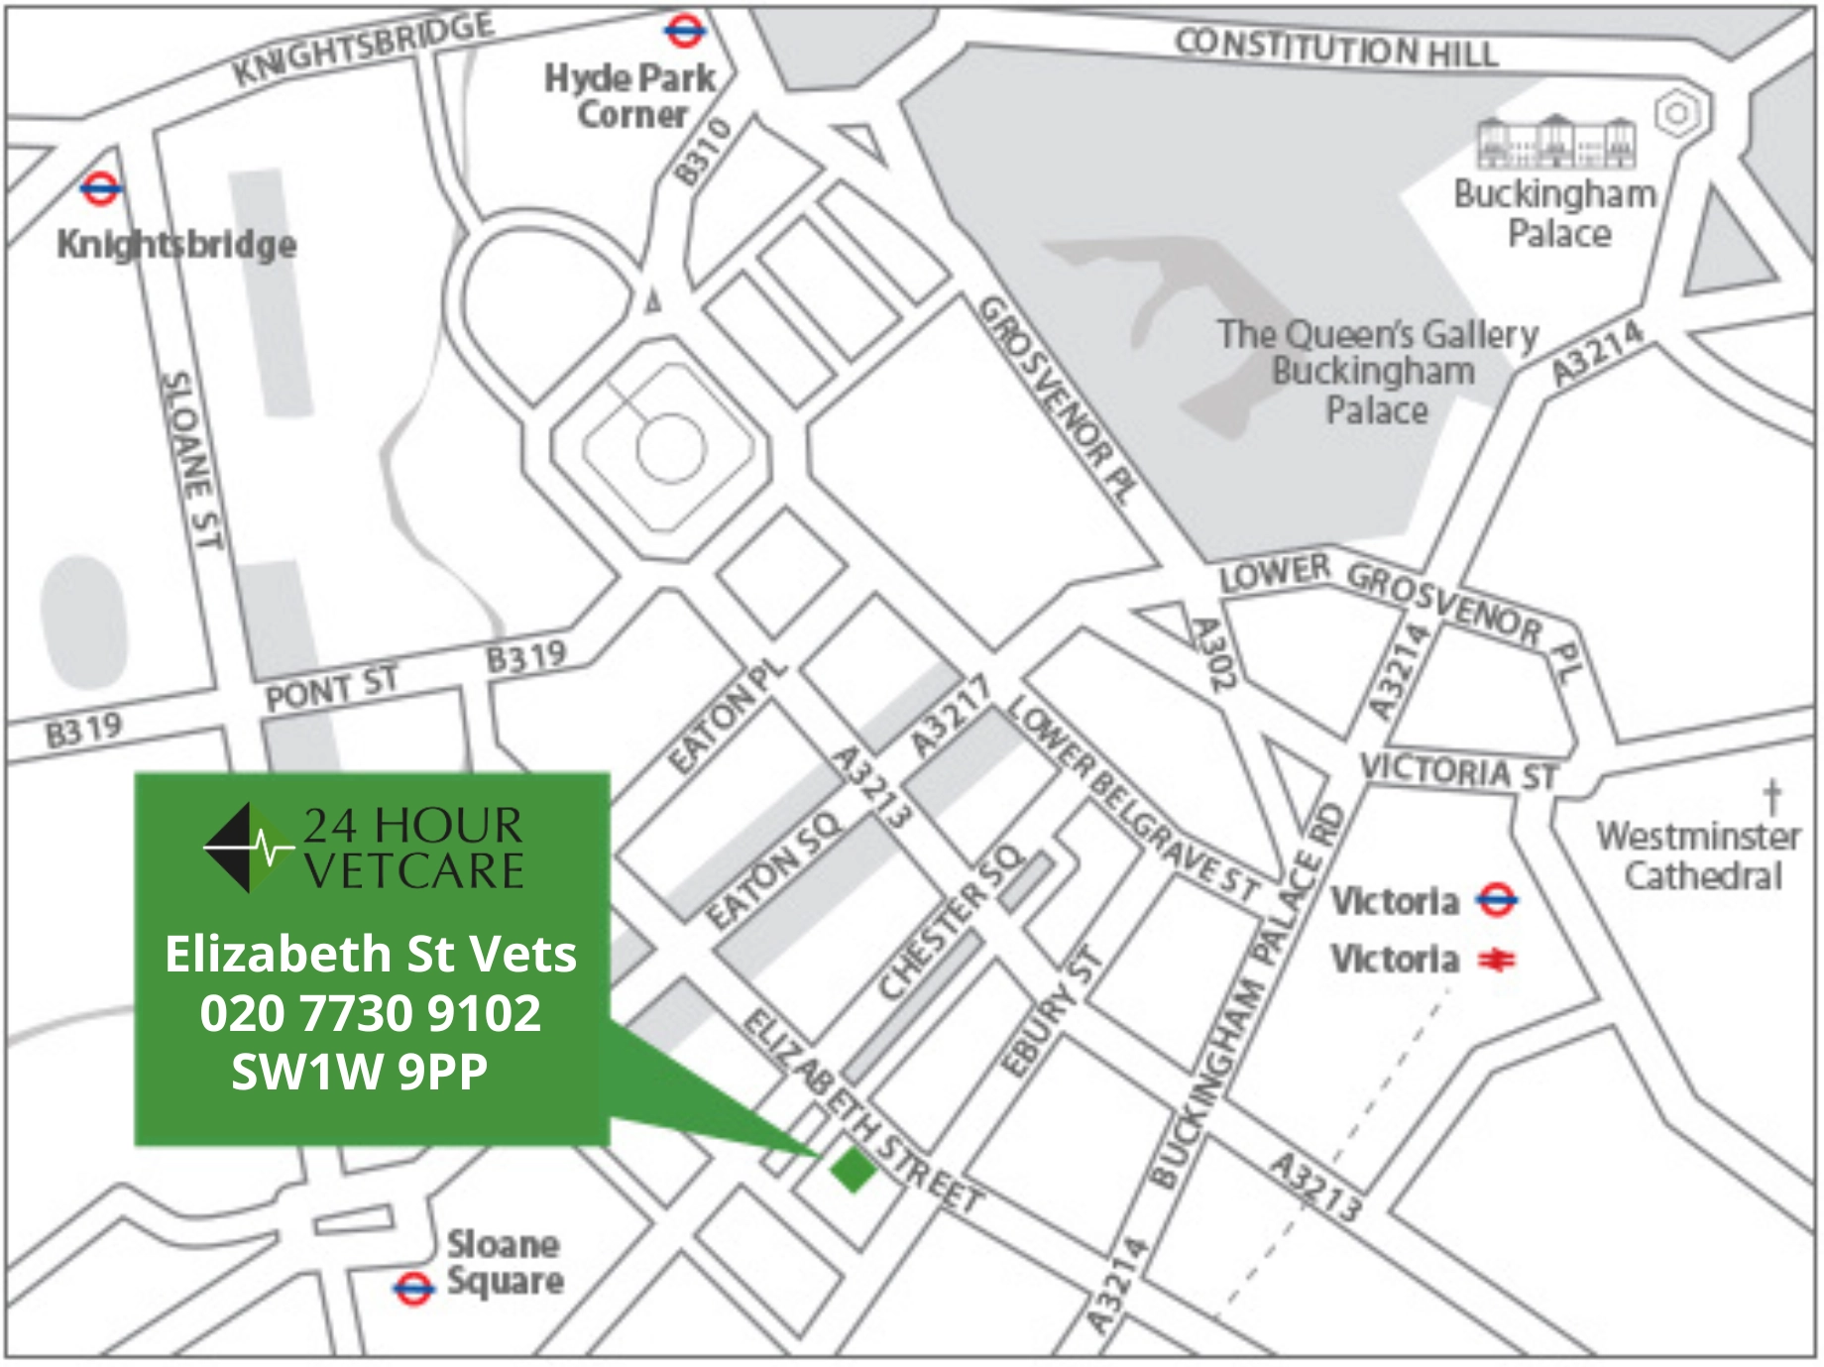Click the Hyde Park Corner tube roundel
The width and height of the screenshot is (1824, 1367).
pos(684,31)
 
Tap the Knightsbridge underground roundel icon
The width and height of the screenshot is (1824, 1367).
pos(100,187)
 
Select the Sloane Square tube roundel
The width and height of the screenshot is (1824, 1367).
pos(412,1288)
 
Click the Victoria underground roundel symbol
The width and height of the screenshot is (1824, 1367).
pos(1496,900)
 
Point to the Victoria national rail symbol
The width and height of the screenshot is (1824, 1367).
pos(1496,960)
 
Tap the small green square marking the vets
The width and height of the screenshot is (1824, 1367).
pos(853,1170)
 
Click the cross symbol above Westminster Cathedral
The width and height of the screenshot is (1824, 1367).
pos(1772,796)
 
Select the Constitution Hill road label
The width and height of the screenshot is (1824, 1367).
pos(1335,48)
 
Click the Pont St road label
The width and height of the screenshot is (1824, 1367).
pos(331,687)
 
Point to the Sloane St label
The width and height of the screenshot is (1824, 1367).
pos(190,460)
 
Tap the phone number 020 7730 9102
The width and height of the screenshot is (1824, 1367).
pos(371,1013)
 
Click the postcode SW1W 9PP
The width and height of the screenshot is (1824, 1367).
pos(360,1072)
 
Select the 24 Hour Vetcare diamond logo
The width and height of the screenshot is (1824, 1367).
pos(243,849)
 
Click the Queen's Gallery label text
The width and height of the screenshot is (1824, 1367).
pos(1378,335)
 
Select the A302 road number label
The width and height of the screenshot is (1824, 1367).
pos(1212,652)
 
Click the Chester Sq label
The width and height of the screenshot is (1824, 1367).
pos(950,922)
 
